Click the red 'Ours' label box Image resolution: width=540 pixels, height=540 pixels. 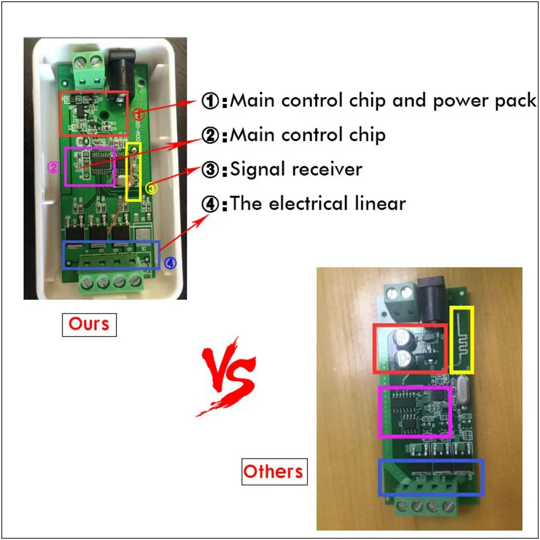(x=89, y=325)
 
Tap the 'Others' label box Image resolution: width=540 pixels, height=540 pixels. (x=274, y=472)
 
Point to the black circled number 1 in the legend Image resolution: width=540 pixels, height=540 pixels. (x=210, y=101)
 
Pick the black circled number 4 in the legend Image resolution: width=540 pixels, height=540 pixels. (x=210, y=204)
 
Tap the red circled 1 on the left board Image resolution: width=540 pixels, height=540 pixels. (x=139, y=113)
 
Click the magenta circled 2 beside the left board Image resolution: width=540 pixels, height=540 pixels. (x=53, y=167)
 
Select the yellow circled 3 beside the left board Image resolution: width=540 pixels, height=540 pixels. (x=151, y=188)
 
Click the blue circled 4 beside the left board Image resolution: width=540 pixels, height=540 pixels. (x=170, y=263)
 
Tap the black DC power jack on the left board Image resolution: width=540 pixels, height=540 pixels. (x=121, y=74)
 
